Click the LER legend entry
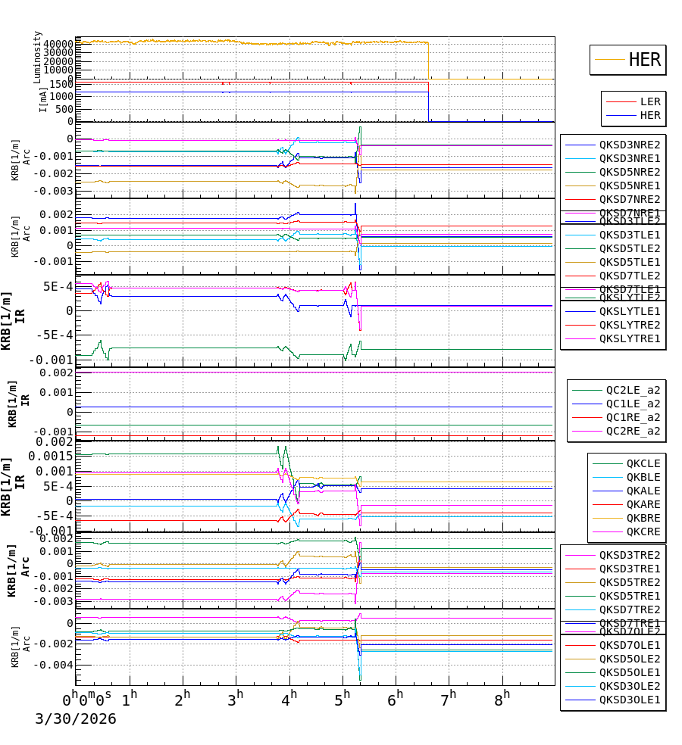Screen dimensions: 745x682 (x=650, y=101)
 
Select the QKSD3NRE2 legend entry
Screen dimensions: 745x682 (x=630, y=145)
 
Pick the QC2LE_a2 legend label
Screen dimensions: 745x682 (x=633, y=391)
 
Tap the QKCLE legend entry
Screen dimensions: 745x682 (x=643, y=463)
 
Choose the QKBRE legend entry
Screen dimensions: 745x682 (x=643, y=518)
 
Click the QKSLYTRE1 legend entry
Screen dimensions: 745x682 (x=630, y=338)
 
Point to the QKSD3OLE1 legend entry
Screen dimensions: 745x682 (x=630, y=700)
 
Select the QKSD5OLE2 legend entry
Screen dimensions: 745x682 (x=630, y=659)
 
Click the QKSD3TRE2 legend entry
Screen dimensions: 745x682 (x=630, y=555)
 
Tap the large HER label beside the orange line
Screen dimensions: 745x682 (x=645, y=60)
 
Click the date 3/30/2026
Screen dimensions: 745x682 (x=76, y=719)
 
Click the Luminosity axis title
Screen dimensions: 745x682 (x=38, y=56)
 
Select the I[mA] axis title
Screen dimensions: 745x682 (x=43, y=99)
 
